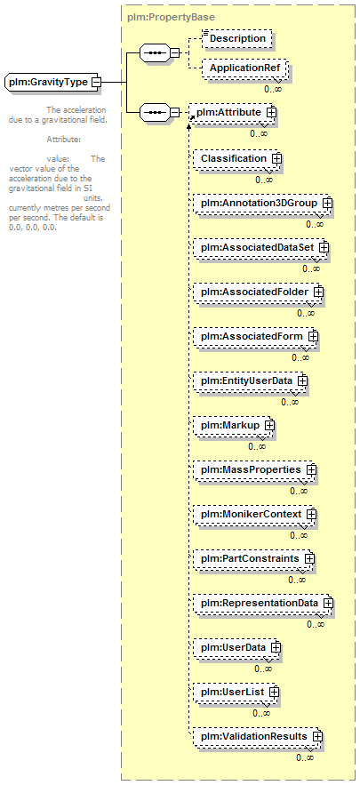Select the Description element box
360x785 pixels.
(x=237, y=38)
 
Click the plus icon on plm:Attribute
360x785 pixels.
(x=271, y=113)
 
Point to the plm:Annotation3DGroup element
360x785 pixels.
(x=262, y=204)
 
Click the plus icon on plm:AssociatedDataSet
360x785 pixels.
(x=324, y=247)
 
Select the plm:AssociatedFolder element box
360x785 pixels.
(x=258, y=292)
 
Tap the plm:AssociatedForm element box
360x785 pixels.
(x=255, y=336)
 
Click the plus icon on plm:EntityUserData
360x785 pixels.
(x=302, y=380)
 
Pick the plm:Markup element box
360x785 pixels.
(x=234, y=425)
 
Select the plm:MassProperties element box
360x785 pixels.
(x=255, y=470)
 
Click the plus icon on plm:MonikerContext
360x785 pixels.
(x=311, y=514)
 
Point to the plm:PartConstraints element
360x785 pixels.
(x=254, y=558)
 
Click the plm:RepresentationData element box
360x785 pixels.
(x=263, y=603)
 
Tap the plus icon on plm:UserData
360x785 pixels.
(x=276, y=647)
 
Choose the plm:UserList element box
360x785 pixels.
(x=236, y=692)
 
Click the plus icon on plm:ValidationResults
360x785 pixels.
(x=317, y=736)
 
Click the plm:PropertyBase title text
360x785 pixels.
(x=172, y=17)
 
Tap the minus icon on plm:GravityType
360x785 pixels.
(x=96, y=82)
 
